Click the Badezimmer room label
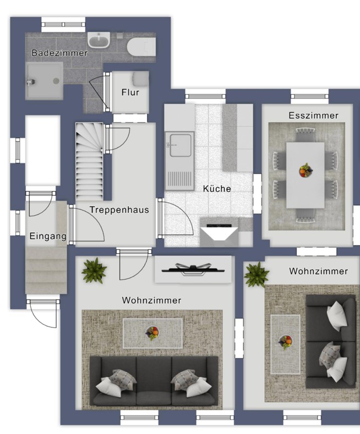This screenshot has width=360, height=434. click(x=59, y=53)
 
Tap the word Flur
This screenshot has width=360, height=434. click(x=130, y=92)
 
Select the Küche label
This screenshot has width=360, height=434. click(x=217, y=189)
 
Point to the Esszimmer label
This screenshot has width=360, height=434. click(x=313, y=116)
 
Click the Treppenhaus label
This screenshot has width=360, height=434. click(x=119, y=210)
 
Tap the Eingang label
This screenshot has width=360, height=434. click(x=48, y=237)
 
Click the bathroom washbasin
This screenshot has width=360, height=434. click(x=99, y=40)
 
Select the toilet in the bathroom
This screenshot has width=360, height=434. click(x=141, y=47)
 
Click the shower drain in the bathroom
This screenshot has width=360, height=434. click(x=56, y=81)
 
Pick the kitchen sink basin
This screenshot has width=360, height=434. click(x=181, y=145)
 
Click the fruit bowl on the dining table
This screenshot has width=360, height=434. click(x=305, y=170)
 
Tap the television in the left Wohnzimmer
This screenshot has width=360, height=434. click(x=193, y=269)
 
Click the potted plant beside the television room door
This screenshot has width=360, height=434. click(x=94, y=271)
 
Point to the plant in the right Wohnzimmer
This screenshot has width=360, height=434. click(x=256, y=275)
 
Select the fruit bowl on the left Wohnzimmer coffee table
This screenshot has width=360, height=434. click(x=152, y=333)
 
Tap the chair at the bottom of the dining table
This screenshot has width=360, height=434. click(x=305, y=215)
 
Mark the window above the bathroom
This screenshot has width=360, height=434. click(x=63, y=25)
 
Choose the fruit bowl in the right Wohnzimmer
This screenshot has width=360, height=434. click(x=285, y=342)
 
